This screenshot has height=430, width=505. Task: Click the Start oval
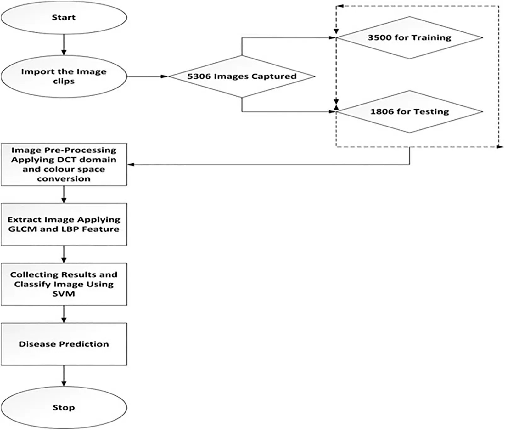click(x=64, y=17)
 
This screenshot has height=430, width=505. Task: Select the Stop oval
click(x=64, y=408)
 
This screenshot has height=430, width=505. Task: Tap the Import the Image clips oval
click(x=64, y=76)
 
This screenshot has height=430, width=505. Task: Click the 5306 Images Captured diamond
click(x=242, y=76)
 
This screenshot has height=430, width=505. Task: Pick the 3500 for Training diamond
click(x=409, y=38)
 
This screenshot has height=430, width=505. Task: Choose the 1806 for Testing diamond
click(x=409, y=112)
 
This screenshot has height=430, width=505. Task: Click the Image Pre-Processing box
click(x=64, y=164)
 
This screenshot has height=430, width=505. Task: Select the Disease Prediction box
click(x=64, y=344)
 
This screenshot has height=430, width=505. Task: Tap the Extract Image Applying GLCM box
click(x=64, y=224)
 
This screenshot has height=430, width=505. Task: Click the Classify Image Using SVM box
click(x=64, y=284)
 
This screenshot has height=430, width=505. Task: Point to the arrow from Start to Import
click(x=64, y=44)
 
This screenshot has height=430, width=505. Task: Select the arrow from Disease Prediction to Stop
click(x=64, y=376)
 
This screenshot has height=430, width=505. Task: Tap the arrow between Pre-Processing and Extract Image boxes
click(x=64, y=194)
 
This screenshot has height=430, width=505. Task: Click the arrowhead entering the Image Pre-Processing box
click(x=130, y=164)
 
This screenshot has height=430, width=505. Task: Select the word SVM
click(x=64, y=294)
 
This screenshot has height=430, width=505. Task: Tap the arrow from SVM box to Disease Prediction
click(x=64, y=314)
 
